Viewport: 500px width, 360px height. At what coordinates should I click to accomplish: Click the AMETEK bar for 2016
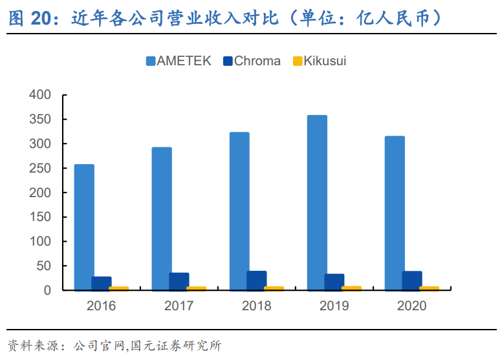pyautogui.click(x=84, y=228)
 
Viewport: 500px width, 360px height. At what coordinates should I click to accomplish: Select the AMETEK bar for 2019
pyautogui.click(x=317, y=203)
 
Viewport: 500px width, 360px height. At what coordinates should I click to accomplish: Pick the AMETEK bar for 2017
pyautogui.click(x=162, y=219)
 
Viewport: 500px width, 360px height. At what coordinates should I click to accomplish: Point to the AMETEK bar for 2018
pyautogui.click(x=239, y=211)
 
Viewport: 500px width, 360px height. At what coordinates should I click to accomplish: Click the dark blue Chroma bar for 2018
pyautogui.click(x=257, y=281)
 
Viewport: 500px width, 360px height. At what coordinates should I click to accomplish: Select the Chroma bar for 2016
pyautogui.click(x=102, y=284)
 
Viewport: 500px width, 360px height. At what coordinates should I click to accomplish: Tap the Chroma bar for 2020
pyautogui.click(x=412, y=281)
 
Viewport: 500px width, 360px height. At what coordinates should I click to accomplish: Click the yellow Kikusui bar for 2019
pyautogui.click(x=352, y=288)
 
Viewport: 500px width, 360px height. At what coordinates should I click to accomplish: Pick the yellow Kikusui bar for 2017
pyautogui.click(x=197, y=289)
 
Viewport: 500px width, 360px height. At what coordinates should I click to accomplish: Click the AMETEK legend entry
pyautogui.click(x=178, y=61)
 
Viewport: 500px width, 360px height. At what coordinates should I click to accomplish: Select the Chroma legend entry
pyautogui.click(x=252, y=61)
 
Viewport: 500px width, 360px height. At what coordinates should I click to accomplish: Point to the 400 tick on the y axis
pyautogui.click(x=39, y=95)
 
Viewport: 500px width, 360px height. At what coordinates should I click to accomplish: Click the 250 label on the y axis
pyautogui.click(x=39, y=169)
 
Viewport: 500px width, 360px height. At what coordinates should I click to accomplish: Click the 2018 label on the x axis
pyautogui.click(x=257, y=306)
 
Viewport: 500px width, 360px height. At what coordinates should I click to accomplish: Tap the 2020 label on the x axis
pyautogui.click(x=412, y=306)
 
